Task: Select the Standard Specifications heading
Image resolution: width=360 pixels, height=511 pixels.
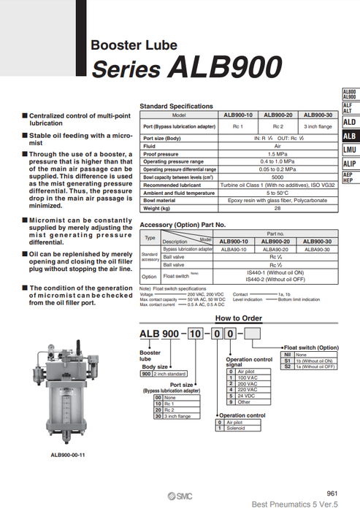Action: point(176,107)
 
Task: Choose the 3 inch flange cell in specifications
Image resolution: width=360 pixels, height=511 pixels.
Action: point(317,126)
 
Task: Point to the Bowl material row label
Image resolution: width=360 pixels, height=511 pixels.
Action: point(160,200)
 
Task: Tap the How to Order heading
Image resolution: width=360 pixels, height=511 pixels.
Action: point(238,318)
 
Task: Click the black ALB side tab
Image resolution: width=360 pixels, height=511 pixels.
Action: point(350,136)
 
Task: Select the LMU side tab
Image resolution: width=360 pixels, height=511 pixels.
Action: point(350,150)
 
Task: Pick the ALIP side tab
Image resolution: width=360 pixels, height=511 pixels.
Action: point(350,164)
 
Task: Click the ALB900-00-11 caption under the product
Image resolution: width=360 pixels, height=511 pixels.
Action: point(68,454)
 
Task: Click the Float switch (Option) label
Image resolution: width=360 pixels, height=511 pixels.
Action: point(311,347)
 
